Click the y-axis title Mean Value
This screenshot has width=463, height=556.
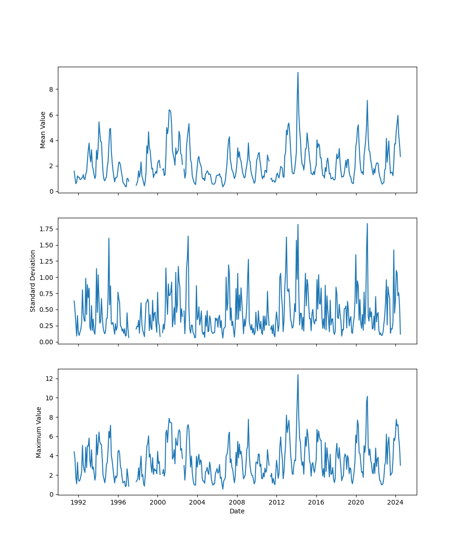43,130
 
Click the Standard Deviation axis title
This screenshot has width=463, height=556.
33,281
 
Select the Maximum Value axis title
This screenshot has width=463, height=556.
39,432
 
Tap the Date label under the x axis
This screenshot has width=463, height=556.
237,511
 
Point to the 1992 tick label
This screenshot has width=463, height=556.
78,502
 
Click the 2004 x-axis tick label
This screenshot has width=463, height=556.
197,502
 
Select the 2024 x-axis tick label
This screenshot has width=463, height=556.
395,502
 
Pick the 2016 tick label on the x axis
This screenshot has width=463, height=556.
316,502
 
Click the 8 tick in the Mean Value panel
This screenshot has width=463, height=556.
51,89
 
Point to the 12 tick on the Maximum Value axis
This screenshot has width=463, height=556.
50,379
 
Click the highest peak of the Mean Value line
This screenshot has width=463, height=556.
298,72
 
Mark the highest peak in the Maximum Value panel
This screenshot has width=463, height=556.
298,375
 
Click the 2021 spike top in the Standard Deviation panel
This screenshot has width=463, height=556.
367,223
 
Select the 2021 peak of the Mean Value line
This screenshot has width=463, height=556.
367,101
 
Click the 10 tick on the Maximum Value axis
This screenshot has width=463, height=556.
50,398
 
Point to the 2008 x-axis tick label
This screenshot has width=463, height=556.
237,502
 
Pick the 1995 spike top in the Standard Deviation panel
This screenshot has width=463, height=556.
109,238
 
